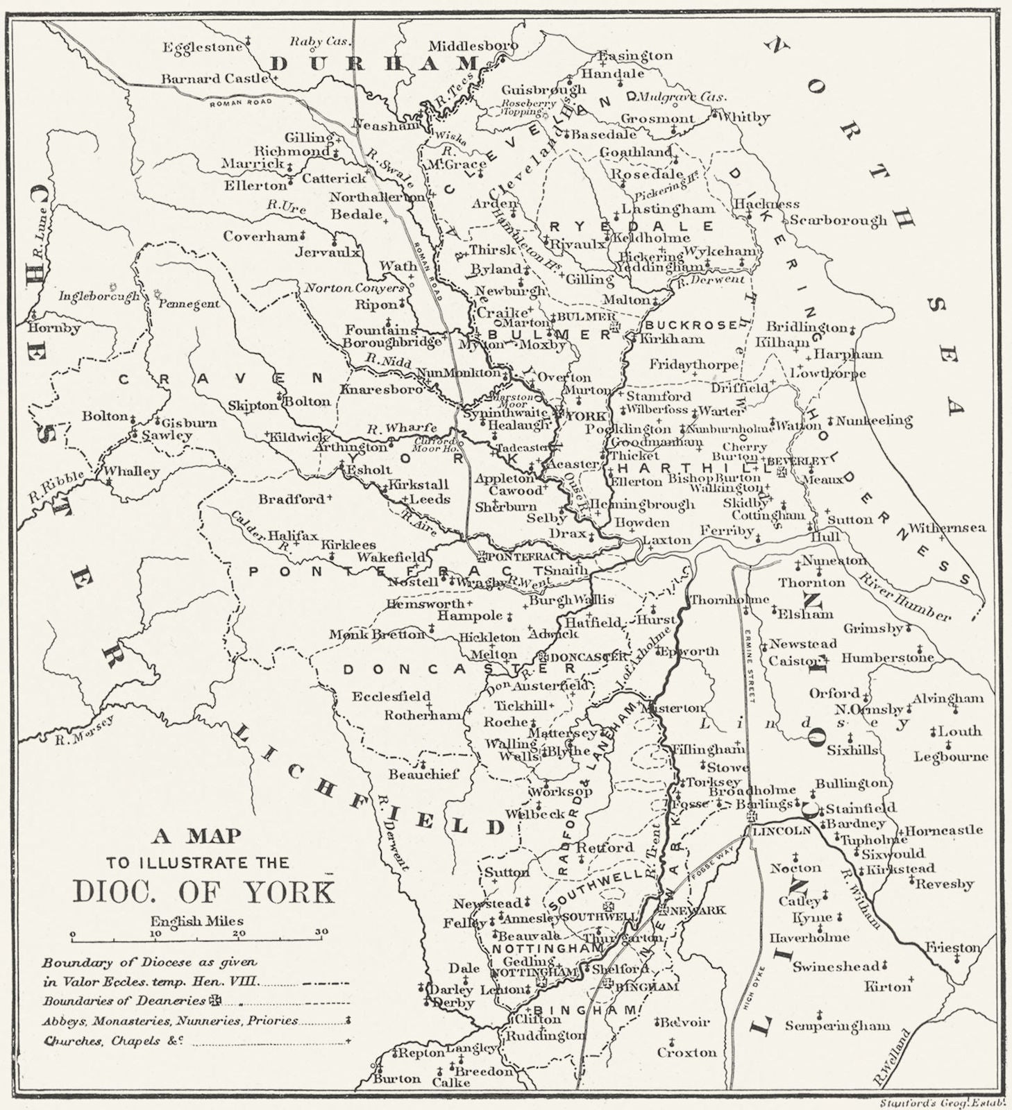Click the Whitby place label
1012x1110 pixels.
tap(744, 117)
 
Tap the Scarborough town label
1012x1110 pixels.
tap(838, 221)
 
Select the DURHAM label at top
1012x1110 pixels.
tap(371, 64)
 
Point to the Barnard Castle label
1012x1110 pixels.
tap(217, 79)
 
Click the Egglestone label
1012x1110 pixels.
tap(203, 47)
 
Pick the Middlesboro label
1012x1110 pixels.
tap(473, 46)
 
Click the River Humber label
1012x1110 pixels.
tap(904, 595)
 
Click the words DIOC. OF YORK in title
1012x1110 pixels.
tap(203, 892)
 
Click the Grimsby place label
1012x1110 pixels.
tap(872, 629)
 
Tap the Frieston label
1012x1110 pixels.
tap(951, 948)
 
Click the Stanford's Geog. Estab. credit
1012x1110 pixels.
tap(936, 1102)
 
